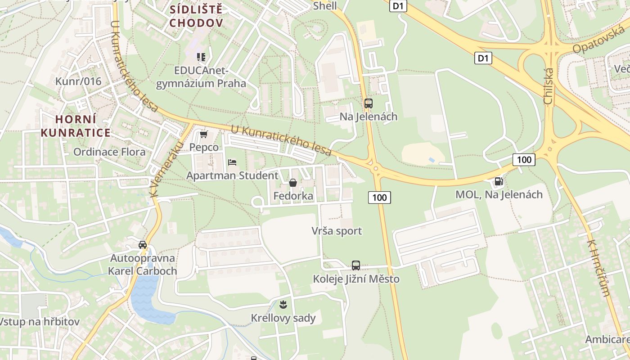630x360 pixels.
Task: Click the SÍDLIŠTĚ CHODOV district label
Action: tap(196, 16)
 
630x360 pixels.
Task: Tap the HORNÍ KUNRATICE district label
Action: tap(82, 126)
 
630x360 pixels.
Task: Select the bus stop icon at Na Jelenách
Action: tap(369, 103)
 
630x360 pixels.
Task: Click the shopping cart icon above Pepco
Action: tap(204, 135)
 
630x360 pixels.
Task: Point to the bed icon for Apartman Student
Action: tap(232, 162)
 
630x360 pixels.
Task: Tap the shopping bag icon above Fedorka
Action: tap(293, 183)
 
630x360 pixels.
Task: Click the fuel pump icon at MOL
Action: tap(499, 181)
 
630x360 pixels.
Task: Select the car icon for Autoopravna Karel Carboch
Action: tap(143, 245)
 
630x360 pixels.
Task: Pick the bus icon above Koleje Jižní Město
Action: tap(356, 265)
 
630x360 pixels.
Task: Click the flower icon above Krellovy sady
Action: tap(283, 305)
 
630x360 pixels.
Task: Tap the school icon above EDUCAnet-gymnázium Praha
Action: tap(201, 57)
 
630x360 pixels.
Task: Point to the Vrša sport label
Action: tap(337, 231)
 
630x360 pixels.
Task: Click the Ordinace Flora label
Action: tap(109, 152)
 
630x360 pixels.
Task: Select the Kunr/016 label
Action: tap(78, 81)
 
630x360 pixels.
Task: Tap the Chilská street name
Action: tap(548, 86)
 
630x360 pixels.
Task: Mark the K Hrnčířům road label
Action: tap(598, 268)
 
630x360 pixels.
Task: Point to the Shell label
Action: tap(324, 6)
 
